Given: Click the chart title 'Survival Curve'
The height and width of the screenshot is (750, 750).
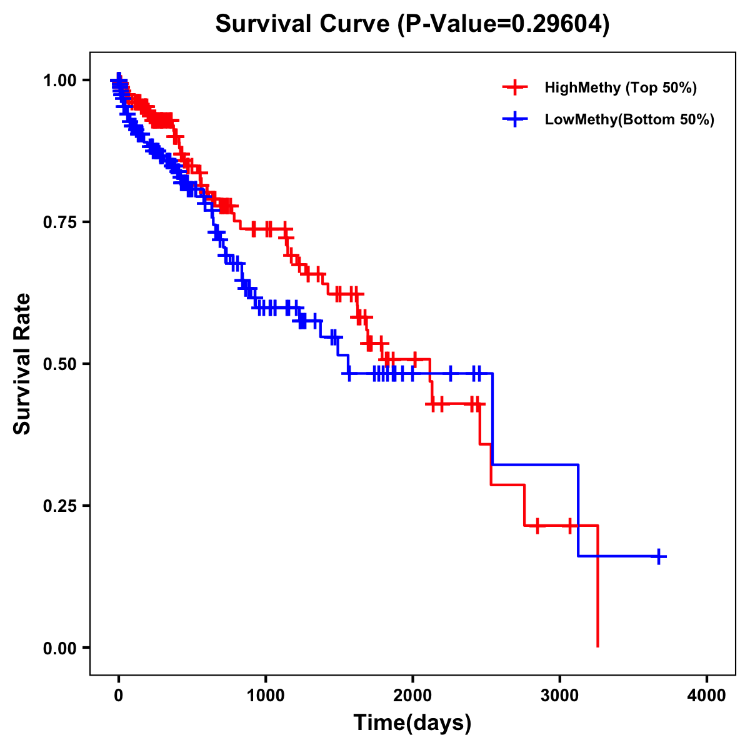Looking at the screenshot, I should coord(304,24).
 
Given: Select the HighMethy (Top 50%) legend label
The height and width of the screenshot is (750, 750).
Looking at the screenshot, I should coord(620,87).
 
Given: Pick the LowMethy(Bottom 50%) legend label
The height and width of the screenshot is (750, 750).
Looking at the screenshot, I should coord(629,119).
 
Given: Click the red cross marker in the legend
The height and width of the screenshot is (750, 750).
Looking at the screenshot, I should coord(514,87).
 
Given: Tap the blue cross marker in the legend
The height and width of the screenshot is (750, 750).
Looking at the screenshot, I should coord(514,119).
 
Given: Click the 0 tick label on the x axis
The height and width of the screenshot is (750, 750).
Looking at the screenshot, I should coord(119,696).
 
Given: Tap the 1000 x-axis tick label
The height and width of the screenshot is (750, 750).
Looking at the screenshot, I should coord(266,696).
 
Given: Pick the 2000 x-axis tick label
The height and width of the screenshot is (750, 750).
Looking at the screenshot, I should coord(412,696).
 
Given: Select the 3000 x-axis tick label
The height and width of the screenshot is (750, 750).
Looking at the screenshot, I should coord(560,696).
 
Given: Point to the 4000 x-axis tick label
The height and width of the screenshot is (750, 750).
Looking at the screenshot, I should coord(707,696).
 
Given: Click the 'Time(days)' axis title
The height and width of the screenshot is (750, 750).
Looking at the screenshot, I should coord(412,723).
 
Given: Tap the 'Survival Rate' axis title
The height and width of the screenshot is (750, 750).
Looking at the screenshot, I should coord(23,364).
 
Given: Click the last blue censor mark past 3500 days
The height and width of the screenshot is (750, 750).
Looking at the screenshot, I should coord(659,556).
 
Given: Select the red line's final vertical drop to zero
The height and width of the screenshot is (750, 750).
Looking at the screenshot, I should coord(597,587).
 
